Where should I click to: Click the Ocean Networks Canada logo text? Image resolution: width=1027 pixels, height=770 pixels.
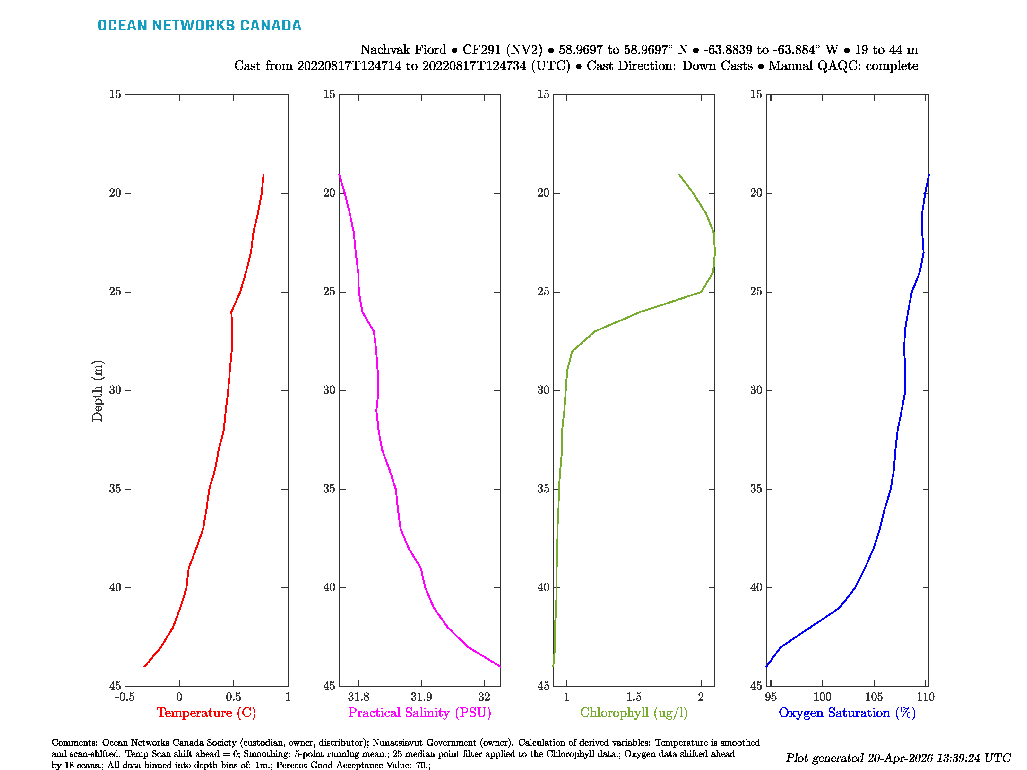click(199, 26)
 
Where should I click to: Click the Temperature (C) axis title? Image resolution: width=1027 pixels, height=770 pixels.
click(206, 713)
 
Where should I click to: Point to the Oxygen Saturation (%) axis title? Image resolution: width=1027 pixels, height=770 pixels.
click(847, 713)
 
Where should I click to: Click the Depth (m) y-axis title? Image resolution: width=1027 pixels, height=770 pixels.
click(97, 391)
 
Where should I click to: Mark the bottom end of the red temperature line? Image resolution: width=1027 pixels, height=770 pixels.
click(145, 666)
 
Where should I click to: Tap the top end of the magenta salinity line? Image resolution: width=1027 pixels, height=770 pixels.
click(340, 175)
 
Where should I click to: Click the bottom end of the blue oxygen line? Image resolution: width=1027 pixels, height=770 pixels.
click(766, 666)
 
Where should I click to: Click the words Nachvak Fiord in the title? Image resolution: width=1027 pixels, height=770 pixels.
click(403, 50)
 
